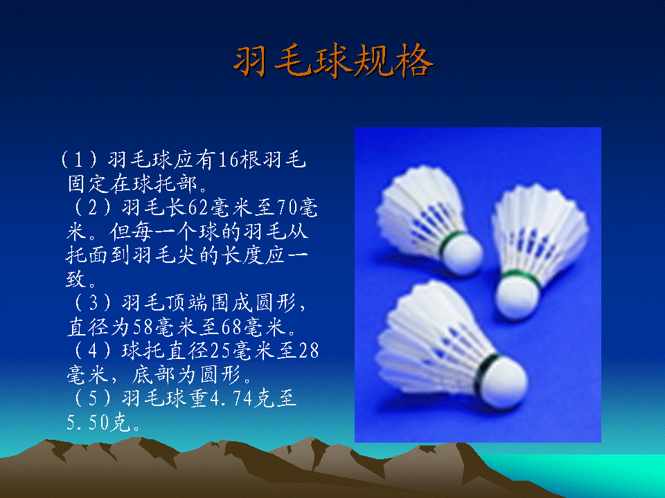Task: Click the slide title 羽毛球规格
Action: [333, 61]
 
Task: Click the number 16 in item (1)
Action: [229, 160]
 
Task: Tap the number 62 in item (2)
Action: [199, 207]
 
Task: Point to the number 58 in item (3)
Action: [144, 327]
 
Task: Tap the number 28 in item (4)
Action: [309, 351]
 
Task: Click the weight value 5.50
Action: [88, 423]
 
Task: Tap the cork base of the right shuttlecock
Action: [517, 297]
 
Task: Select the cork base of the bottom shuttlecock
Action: [505, 384]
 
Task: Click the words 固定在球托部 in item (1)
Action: [132, 184]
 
